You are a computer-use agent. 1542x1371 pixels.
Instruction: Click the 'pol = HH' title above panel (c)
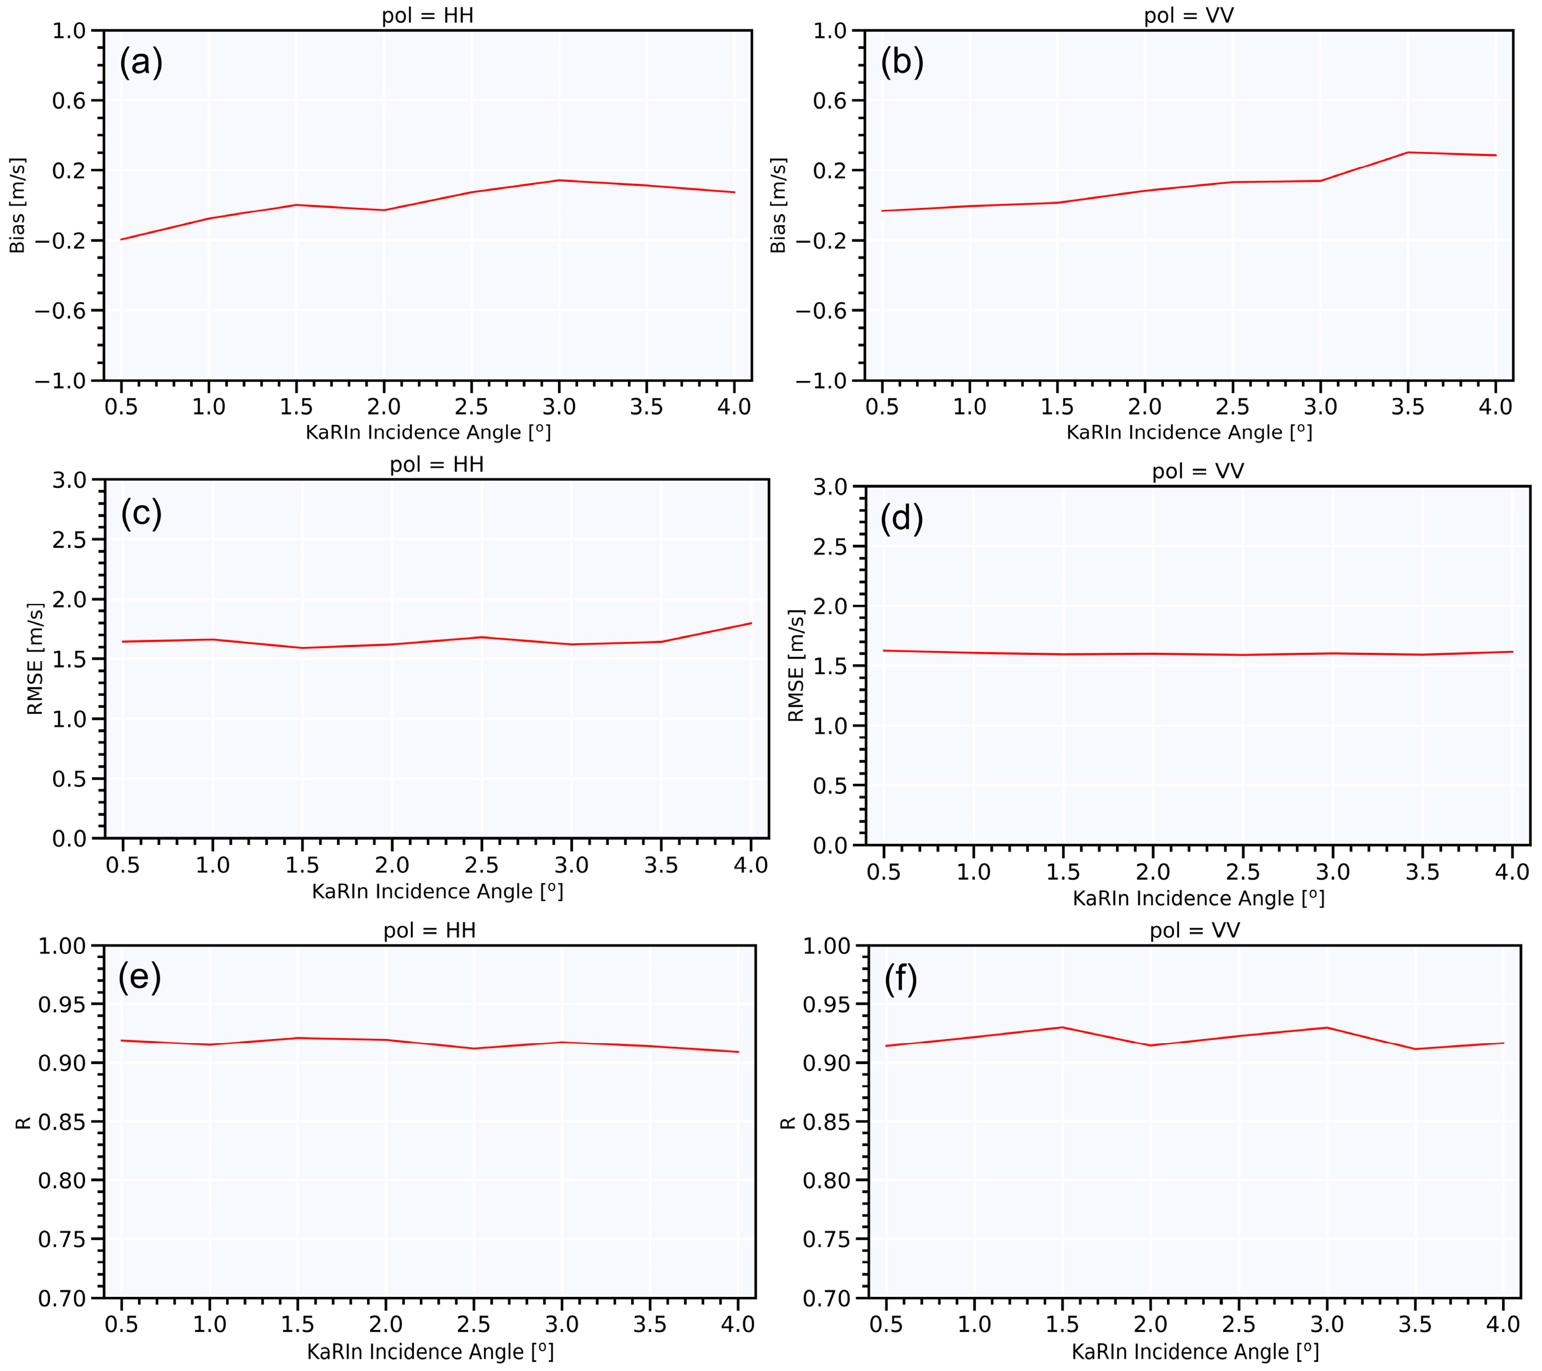coord(436,464)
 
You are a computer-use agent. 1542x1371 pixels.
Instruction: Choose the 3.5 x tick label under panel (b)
coord(1408,408)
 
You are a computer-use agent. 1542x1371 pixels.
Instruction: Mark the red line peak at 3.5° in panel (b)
coord(1408,152)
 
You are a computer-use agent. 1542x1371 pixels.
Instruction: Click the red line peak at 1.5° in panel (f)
coord(1062,1027)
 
